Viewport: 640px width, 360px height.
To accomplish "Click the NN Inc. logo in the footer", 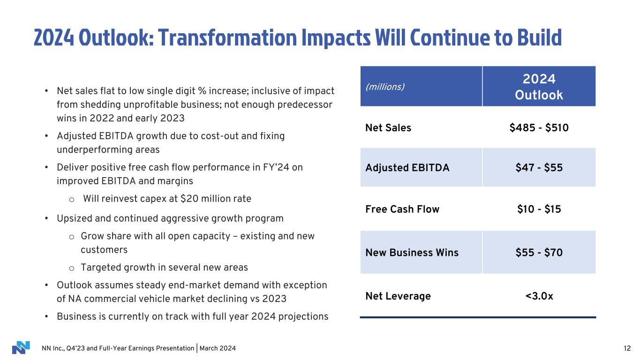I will [x=21, y=348].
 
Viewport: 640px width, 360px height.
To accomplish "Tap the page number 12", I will [x=627, y=348].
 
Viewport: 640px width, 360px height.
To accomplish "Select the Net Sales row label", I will [x=388, y=127].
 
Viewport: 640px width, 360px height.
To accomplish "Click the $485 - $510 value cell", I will [x=539, y=127].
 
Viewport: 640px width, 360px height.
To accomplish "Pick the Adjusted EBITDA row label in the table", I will [x=407, y=167].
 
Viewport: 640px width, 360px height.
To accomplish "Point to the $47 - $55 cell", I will [x=539, y=167].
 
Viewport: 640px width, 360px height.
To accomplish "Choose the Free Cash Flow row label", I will [x=402, y=209].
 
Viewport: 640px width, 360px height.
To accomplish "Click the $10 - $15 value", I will [x=539, y=209].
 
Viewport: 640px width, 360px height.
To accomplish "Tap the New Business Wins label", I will [x=412, y=253].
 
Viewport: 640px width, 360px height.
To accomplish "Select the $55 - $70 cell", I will [x=539, y=253].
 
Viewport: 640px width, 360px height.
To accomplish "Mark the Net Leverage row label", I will [x=398, y=296].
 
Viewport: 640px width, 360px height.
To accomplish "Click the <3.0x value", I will [x=539, y=296].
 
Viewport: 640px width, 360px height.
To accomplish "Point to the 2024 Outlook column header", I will [x=539, y=87].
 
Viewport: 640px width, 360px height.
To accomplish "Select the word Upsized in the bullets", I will [x=74, y=218].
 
